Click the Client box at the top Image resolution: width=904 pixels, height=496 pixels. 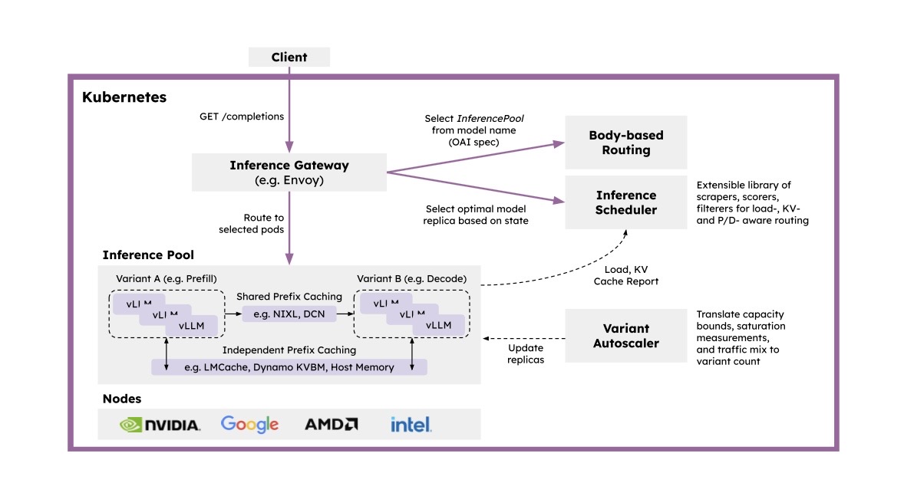coord(289,57)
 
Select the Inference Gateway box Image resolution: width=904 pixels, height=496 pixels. coord(289,172)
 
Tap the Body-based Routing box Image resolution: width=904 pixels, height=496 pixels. coord(625,143)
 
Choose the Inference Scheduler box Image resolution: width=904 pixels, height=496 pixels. coord(625,202)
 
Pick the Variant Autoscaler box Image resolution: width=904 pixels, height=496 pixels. coord(625,336)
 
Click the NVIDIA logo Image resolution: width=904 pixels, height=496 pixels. coord(160,424)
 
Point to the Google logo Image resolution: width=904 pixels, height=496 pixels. coord(249,424)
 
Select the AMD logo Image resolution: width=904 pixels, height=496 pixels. coord(331,424)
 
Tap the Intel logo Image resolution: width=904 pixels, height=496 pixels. coord(411,424)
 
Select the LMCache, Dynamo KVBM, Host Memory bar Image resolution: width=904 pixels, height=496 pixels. coord(289,367)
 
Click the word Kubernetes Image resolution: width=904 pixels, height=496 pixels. coord(124,97)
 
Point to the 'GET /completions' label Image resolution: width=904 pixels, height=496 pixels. coord(242,117)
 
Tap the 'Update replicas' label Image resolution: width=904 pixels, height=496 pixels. coord(526,353)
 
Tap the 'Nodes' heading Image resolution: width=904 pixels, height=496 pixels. coord(122,399)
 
